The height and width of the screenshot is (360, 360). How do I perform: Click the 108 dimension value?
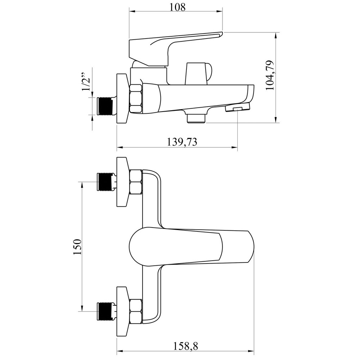click(x=177, y=7)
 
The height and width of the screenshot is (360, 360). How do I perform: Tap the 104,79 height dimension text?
click(x=270, y=75)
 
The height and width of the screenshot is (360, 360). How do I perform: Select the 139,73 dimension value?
click(x=181, y=142)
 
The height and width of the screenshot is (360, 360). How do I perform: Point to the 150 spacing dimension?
click(x=77, y=247)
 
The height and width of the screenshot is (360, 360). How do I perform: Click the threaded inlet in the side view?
click(x=105, y=106)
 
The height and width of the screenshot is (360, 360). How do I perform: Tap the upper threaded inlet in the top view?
click(x=105, y=181)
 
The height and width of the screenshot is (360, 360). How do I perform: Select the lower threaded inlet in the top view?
click(x=105, y=311)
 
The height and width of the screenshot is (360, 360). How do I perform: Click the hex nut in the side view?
click(x=136, y=99)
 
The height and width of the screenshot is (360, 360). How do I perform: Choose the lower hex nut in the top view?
click(x=136, y=311)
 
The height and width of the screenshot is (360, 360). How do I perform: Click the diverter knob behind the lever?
click(x=199, y=73)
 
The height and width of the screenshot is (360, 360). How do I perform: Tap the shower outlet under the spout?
click(x=196, y=118)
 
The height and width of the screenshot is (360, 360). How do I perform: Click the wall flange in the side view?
click(x=122, y=99)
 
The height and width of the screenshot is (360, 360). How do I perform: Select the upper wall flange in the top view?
click(x=122, y=182)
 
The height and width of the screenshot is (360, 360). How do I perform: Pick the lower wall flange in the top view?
click(x=122, y=311)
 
